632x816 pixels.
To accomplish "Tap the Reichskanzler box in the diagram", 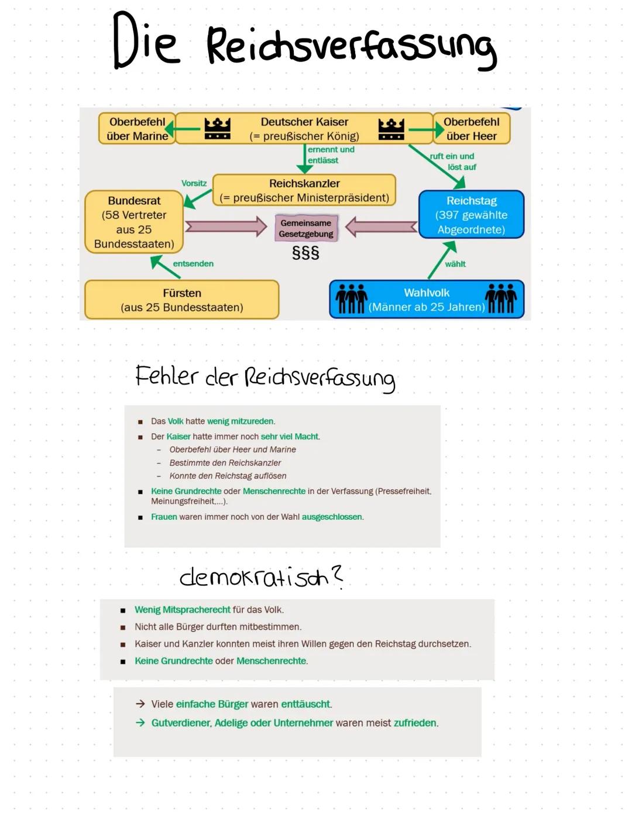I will click(304, 190).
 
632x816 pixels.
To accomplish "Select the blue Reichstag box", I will click(471, 214).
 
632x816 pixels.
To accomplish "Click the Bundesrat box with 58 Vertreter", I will click(134, 222).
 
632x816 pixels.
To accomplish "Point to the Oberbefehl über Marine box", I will click(136, 129).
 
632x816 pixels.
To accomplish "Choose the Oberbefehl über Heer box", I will click(472, 129).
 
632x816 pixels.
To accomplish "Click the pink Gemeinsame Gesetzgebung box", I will click(305, 228).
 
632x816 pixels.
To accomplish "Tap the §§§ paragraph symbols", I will click(305, 253).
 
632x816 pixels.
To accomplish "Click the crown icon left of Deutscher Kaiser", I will click(217, 128).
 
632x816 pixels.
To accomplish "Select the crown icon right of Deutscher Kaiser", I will click(391, 128).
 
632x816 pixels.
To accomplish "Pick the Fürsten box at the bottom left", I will click(181, 300).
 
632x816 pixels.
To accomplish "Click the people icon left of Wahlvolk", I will click(351, 299).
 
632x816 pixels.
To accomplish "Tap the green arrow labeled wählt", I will click(442, 260).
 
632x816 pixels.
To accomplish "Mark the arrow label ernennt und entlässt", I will click(331, 155).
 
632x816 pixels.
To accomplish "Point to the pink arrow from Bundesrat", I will click(225, 227).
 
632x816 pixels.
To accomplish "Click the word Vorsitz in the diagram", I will click(194, 183).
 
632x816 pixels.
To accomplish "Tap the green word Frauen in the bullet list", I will click(164, 517).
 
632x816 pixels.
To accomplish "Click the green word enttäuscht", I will click(306, 704).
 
